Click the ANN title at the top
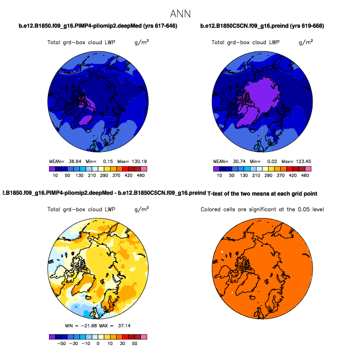point(181,13)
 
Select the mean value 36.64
point(75,161)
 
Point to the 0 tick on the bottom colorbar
point(98,342)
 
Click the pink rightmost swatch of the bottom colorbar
point(144,336)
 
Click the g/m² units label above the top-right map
point(306,42)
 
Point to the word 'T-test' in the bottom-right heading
point(216,194)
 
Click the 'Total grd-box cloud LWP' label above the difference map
point(81,210)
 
